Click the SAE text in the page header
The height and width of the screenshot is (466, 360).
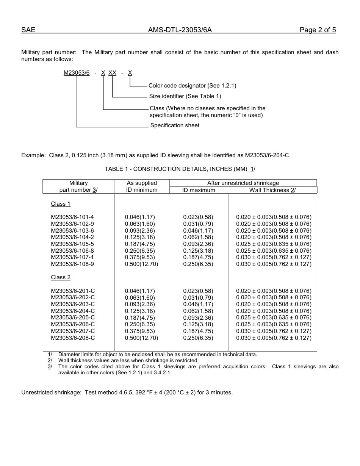coord(28,30)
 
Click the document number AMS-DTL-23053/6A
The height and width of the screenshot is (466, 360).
coord(180,30)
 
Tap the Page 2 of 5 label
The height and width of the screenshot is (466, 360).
coord(318,30)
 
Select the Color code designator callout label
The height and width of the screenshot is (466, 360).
coord(192,86)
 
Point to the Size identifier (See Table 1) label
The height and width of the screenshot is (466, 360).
coord(185,96)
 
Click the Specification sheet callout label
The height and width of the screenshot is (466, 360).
coord(175,125)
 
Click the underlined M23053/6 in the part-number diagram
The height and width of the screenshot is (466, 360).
coord(77,73)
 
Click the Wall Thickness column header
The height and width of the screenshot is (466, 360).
coord(272,190)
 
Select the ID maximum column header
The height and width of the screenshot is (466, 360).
coord(199,190)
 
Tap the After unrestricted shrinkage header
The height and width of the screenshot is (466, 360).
coord(243,183)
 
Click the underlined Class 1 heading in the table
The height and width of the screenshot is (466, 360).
coord(61,204)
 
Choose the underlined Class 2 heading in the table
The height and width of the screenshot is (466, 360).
coord(61,277)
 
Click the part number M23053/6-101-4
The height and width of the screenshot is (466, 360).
coord(72,217)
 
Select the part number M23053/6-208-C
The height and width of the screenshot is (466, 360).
coord(73,338)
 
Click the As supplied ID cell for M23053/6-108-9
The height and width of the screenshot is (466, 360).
coord(141,264)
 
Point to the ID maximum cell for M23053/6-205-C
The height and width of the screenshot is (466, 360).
coord(198,317)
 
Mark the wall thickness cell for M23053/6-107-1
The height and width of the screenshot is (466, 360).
coord(274,257)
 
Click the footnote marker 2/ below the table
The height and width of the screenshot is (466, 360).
coord(50,361)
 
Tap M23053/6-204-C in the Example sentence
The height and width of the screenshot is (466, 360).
coord(268,155)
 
